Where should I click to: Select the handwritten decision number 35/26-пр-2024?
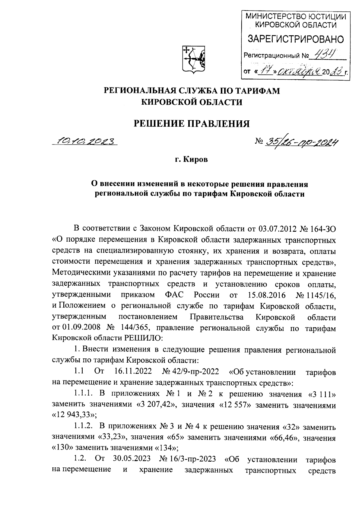pos(300,142)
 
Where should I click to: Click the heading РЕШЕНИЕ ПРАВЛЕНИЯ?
pos(192,124)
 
